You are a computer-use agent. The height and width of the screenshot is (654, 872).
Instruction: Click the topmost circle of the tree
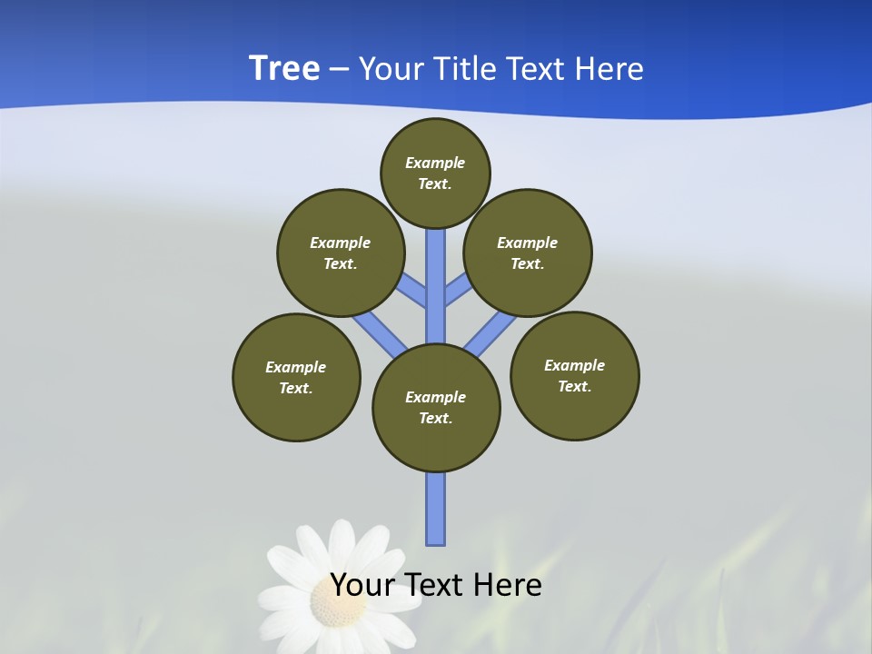coord(435,173)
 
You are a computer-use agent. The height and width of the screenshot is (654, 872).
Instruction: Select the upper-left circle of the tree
coord(341,253)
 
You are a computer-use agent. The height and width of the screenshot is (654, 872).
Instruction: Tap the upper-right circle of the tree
coord(528,253)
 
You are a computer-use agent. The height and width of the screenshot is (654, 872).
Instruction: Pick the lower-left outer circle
coord(296,377)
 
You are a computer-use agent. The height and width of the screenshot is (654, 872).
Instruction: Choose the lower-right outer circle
coord(575,375)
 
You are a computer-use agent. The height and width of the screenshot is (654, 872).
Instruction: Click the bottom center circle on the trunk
coord(436,408)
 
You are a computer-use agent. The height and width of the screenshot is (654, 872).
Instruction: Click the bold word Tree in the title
coord(284,68)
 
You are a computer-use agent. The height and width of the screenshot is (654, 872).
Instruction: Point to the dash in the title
coord(339,69)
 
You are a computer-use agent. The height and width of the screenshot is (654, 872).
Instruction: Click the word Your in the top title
coord(391,69)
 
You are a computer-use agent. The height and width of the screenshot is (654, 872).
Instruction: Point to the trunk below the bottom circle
coord(436,509)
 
